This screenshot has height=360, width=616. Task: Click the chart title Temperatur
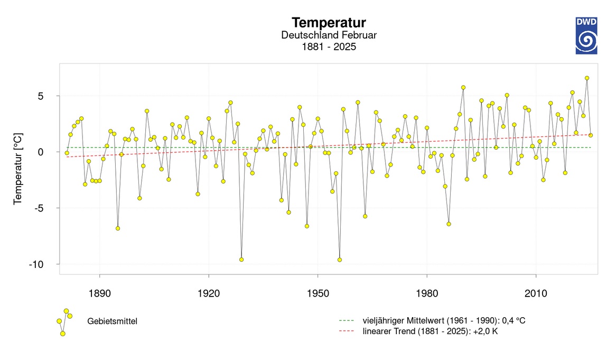[x=329, y=23]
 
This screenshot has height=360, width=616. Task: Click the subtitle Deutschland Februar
[x=329, y=35]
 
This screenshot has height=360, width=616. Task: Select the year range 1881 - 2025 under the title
[x=329, y=47]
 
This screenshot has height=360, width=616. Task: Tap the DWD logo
[x=586, y=35]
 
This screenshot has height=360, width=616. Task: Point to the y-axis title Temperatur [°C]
[x=18, y=168]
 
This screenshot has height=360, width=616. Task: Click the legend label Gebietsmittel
[x=112, y=321]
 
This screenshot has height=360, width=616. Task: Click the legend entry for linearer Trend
[x=430, y=331]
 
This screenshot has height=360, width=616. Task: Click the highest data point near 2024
[x=587, y=78]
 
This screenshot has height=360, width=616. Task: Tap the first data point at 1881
[x=67, y=153]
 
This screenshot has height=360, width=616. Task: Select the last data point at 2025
[x=591, y=135]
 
